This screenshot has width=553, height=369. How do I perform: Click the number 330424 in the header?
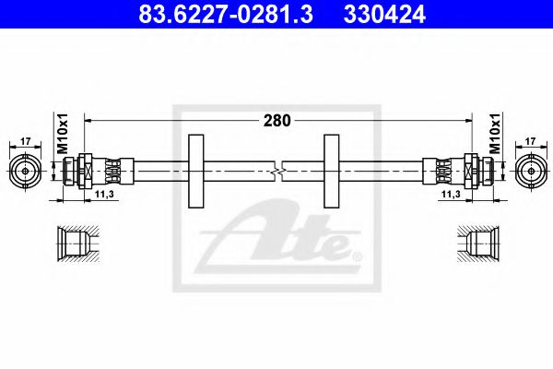[x=387, y=14]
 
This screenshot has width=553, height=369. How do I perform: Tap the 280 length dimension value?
[x=276, y=120]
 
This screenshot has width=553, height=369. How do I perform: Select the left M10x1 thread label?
[x=64, y=135]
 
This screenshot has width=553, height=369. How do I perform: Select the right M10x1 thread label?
[x=493, y=135]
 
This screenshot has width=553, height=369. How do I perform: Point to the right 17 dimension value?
[x=529, y=142]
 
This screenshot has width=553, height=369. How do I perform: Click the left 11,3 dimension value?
[x=103, y=195]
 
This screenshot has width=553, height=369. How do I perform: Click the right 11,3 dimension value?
[x=450, y=195]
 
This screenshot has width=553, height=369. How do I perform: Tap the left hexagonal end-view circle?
[x=25, y=171]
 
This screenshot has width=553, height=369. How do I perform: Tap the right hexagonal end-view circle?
[x=529, y=171]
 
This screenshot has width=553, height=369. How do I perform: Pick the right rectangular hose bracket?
[x=332, y=171]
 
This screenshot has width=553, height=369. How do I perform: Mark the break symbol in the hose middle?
[x=278, y=171]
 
